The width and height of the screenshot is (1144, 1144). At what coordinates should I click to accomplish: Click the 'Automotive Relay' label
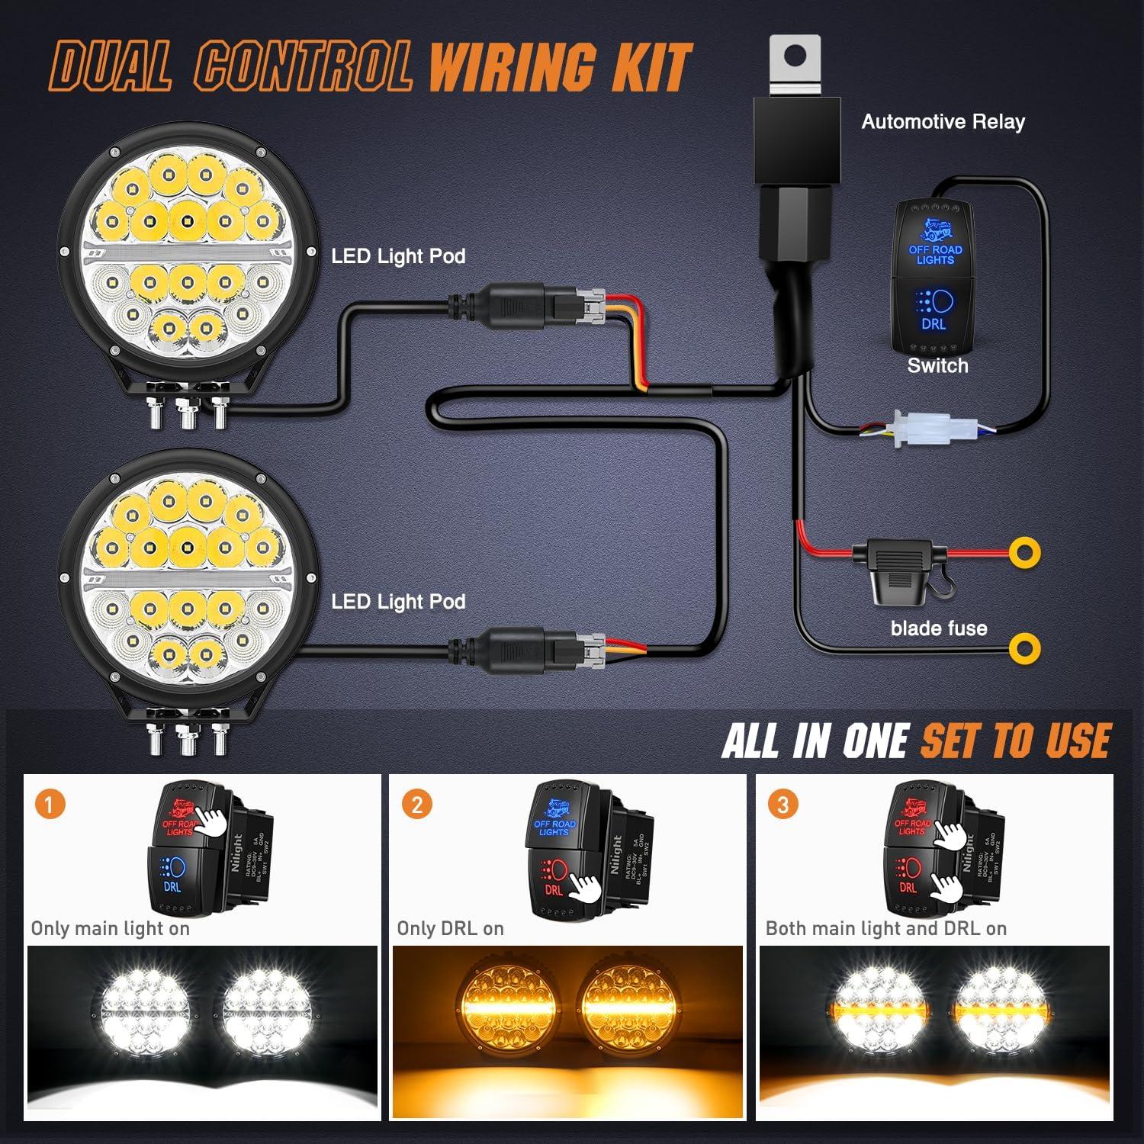pyautogui.click(x=943, y=122)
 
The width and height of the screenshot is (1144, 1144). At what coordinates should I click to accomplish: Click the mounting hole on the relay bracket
pyautogui.click(x=795, y=55)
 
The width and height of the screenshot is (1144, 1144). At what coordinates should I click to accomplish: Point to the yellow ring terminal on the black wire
pyautogui.click(x=1024, y=648)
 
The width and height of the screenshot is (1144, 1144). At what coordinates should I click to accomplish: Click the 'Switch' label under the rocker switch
pyautogui.click(x=937, y=366)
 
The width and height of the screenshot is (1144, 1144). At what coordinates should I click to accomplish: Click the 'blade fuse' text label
pyautogui.click(x=938, y=628)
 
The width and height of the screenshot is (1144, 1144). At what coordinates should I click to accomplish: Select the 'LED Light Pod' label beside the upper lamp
pyautogui.click(x=398, y=256)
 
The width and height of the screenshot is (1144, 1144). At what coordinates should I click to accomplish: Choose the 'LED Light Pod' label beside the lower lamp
pyautogui.click(x=398, y=602)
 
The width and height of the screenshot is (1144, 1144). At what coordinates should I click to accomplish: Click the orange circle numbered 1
pyautogui.click(x=50, y=805)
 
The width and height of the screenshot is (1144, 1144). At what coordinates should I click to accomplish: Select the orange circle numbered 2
pyautogui.click(x=416, y=805)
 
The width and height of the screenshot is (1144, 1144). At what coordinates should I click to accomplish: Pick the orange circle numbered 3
pyautogui.click(x=782, y=805)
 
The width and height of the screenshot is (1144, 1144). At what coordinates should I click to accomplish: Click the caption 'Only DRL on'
pyautogui.click(x=450, y=929)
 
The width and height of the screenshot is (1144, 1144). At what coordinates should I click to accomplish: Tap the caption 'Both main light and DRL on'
pyautogui.click(x=885, y=929)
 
